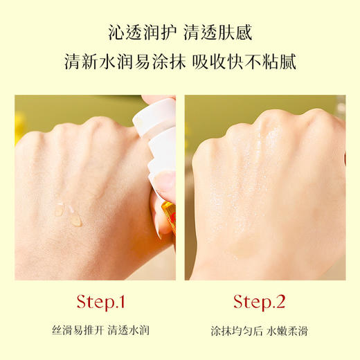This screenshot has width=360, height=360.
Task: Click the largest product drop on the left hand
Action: (74, 220)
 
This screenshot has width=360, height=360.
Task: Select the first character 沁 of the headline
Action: (116, 31)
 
